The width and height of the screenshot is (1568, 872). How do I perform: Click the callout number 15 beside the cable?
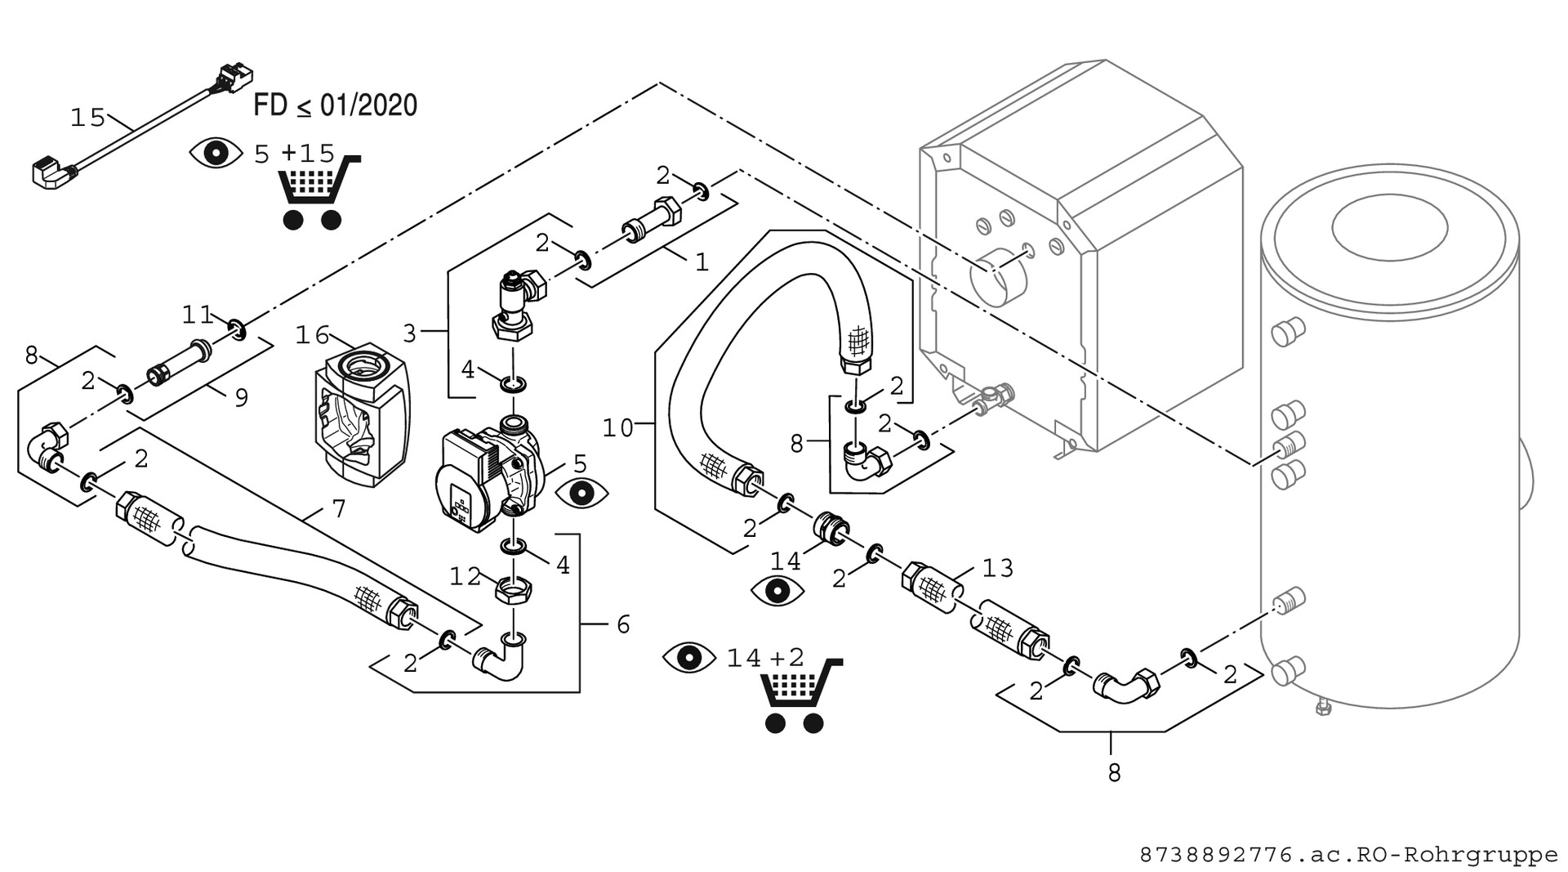point(87,118)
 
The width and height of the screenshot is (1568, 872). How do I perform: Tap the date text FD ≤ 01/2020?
point(335,105)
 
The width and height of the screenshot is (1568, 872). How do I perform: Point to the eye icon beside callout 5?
point(581,493)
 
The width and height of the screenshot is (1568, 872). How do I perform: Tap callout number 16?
point(311,335)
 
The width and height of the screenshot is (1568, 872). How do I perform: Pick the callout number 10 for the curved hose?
point(618,427)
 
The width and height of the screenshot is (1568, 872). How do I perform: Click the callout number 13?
point(997,568)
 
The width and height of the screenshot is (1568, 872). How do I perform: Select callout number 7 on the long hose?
point(339,509)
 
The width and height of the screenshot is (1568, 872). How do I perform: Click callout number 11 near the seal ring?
point(197,314)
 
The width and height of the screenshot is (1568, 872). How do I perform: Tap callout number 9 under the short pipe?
point(241,397)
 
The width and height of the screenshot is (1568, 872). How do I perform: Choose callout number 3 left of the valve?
point(410,333)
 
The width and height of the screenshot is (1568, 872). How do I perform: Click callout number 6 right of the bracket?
point(623,624)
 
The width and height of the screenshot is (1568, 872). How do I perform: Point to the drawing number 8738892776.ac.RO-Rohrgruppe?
point(1348,856)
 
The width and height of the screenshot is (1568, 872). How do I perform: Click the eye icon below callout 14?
point(777,590)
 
